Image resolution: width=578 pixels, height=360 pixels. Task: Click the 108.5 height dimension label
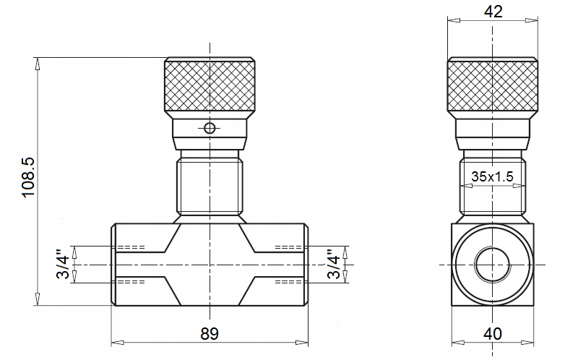coord(28,177)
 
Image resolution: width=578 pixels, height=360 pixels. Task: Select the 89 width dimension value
coord(210,334)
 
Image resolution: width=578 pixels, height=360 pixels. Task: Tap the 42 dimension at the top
coord(493,12)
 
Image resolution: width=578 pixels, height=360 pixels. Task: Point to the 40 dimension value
coord(493,334)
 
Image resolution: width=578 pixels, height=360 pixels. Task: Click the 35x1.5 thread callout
coord(492,176)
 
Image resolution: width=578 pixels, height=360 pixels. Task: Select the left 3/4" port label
coord(63,264)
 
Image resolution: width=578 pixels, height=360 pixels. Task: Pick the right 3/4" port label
coord(334,264)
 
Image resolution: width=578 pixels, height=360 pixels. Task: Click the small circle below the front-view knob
coord(210,129)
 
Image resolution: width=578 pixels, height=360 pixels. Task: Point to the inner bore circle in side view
coord(493,265)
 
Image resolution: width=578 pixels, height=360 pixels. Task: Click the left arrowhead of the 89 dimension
coord(117,343)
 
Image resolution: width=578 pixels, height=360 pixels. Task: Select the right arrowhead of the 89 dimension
coord(302,343)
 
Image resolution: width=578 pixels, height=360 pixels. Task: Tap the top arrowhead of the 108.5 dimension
coord(37,64)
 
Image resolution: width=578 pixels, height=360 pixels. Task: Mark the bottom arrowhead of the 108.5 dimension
coord(37,299)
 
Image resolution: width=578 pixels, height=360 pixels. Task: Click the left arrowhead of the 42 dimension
coord(454,21)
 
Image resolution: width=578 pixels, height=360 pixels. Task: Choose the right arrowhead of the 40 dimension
coord(527,343)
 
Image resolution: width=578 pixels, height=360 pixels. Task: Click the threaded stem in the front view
coord(210,187)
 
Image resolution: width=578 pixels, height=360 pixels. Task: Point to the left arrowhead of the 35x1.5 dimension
coord(467,186)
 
